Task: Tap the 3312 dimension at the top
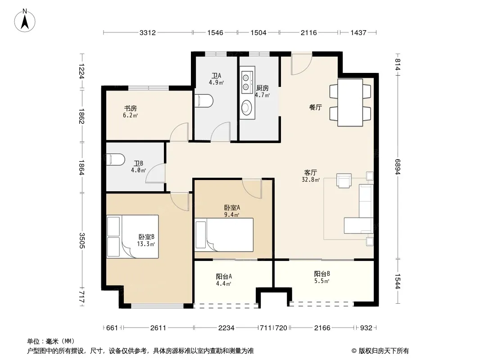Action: click(148, 32)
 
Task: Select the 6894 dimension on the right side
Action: click(397, 167)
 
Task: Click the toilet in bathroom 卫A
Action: click(204, 101)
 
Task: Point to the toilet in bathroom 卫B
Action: click(115, 159)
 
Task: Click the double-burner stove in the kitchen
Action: click(246, 82)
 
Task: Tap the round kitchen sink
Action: click(246, 108)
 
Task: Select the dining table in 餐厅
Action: click(350, 103)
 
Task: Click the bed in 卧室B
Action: click(132, 236)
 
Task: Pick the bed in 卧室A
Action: click(224, 234)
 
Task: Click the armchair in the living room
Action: click(344, 180)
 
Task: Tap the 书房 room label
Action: click(130, 108)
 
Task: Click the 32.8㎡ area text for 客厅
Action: click(311, 180)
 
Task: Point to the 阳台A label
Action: click(224, 276)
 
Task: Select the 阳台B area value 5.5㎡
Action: click(322, 281)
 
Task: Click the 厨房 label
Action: click(263, 88)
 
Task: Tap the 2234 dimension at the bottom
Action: click(226, 328)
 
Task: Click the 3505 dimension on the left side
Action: click(82, 240)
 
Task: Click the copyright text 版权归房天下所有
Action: click(383, 351)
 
